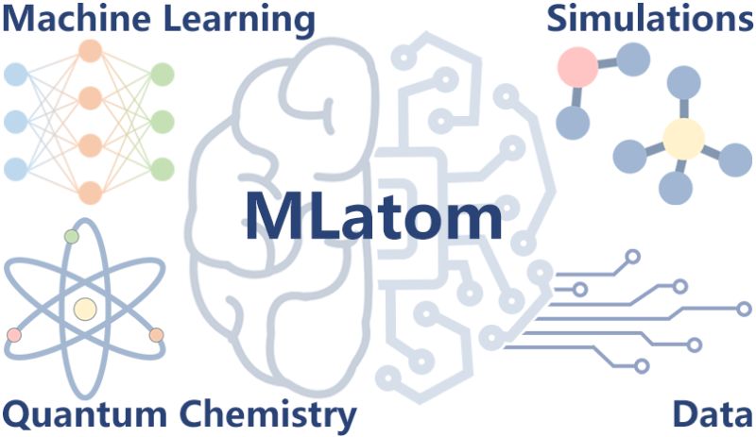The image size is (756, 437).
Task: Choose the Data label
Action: point(713,414)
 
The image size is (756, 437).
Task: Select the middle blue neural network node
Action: point(16,122)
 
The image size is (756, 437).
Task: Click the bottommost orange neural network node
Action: point(91,192)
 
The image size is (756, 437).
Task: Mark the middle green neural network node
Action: point(162,122)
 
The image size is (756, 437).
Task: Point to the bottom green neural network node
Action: point(162,169)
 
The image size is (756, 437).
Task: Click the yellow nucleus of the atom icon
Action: point(85,308)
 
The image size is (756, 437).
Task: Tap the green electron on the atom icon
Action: point(71,236)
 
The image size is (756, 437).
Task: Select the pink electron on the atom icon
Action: point(14,334)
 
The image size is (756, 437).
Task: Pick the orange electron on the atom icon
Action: point(156,334)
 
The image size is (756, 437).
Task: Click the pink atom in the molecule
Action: point(578,67)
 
